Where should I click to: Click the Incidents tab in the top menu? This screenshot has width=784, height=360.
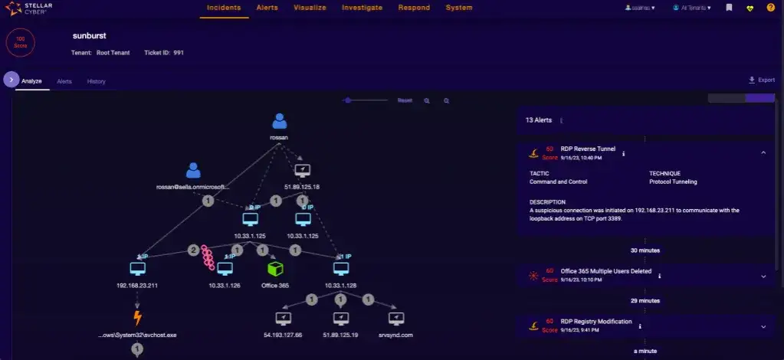[x=224, y=8]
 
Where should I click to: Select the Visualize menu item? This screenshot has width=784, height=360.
[x=310, y=8]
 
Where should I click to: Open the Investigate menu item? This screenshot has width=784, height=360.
[x=362, y=8]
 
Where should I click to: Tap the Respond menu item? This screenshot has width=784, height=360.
[x=414, y=8]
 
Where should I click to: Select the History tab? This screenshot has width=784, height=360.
[x=96, y=81]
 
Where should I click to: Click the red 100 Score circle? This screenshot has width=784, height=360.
[x=20, y=43]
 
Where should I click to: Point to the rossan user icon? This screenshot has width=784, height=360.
[x=280, y=122]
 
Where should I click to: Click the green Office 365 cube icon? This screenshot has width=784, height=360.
[x=275, y=269]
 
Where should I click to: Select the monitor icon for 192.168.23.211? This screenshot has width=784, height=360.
[x=138, y=269]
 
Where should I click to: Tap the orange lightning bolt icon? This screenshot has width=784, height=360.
[x=138, y=318]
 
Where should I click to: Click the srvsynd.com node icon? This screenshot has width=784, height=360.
[x=395, y=318]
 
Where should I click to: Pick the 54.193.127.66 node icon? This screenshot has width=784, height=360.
[x=283, y=318]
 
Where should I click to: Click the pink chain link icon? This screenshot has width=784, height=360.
[x=207, y=259]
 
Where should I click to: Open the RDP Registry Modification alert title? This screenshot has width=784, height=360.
[x=596, y=322]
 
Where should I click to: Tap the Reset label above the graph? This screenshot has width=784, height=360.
[x=405, y=100]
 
